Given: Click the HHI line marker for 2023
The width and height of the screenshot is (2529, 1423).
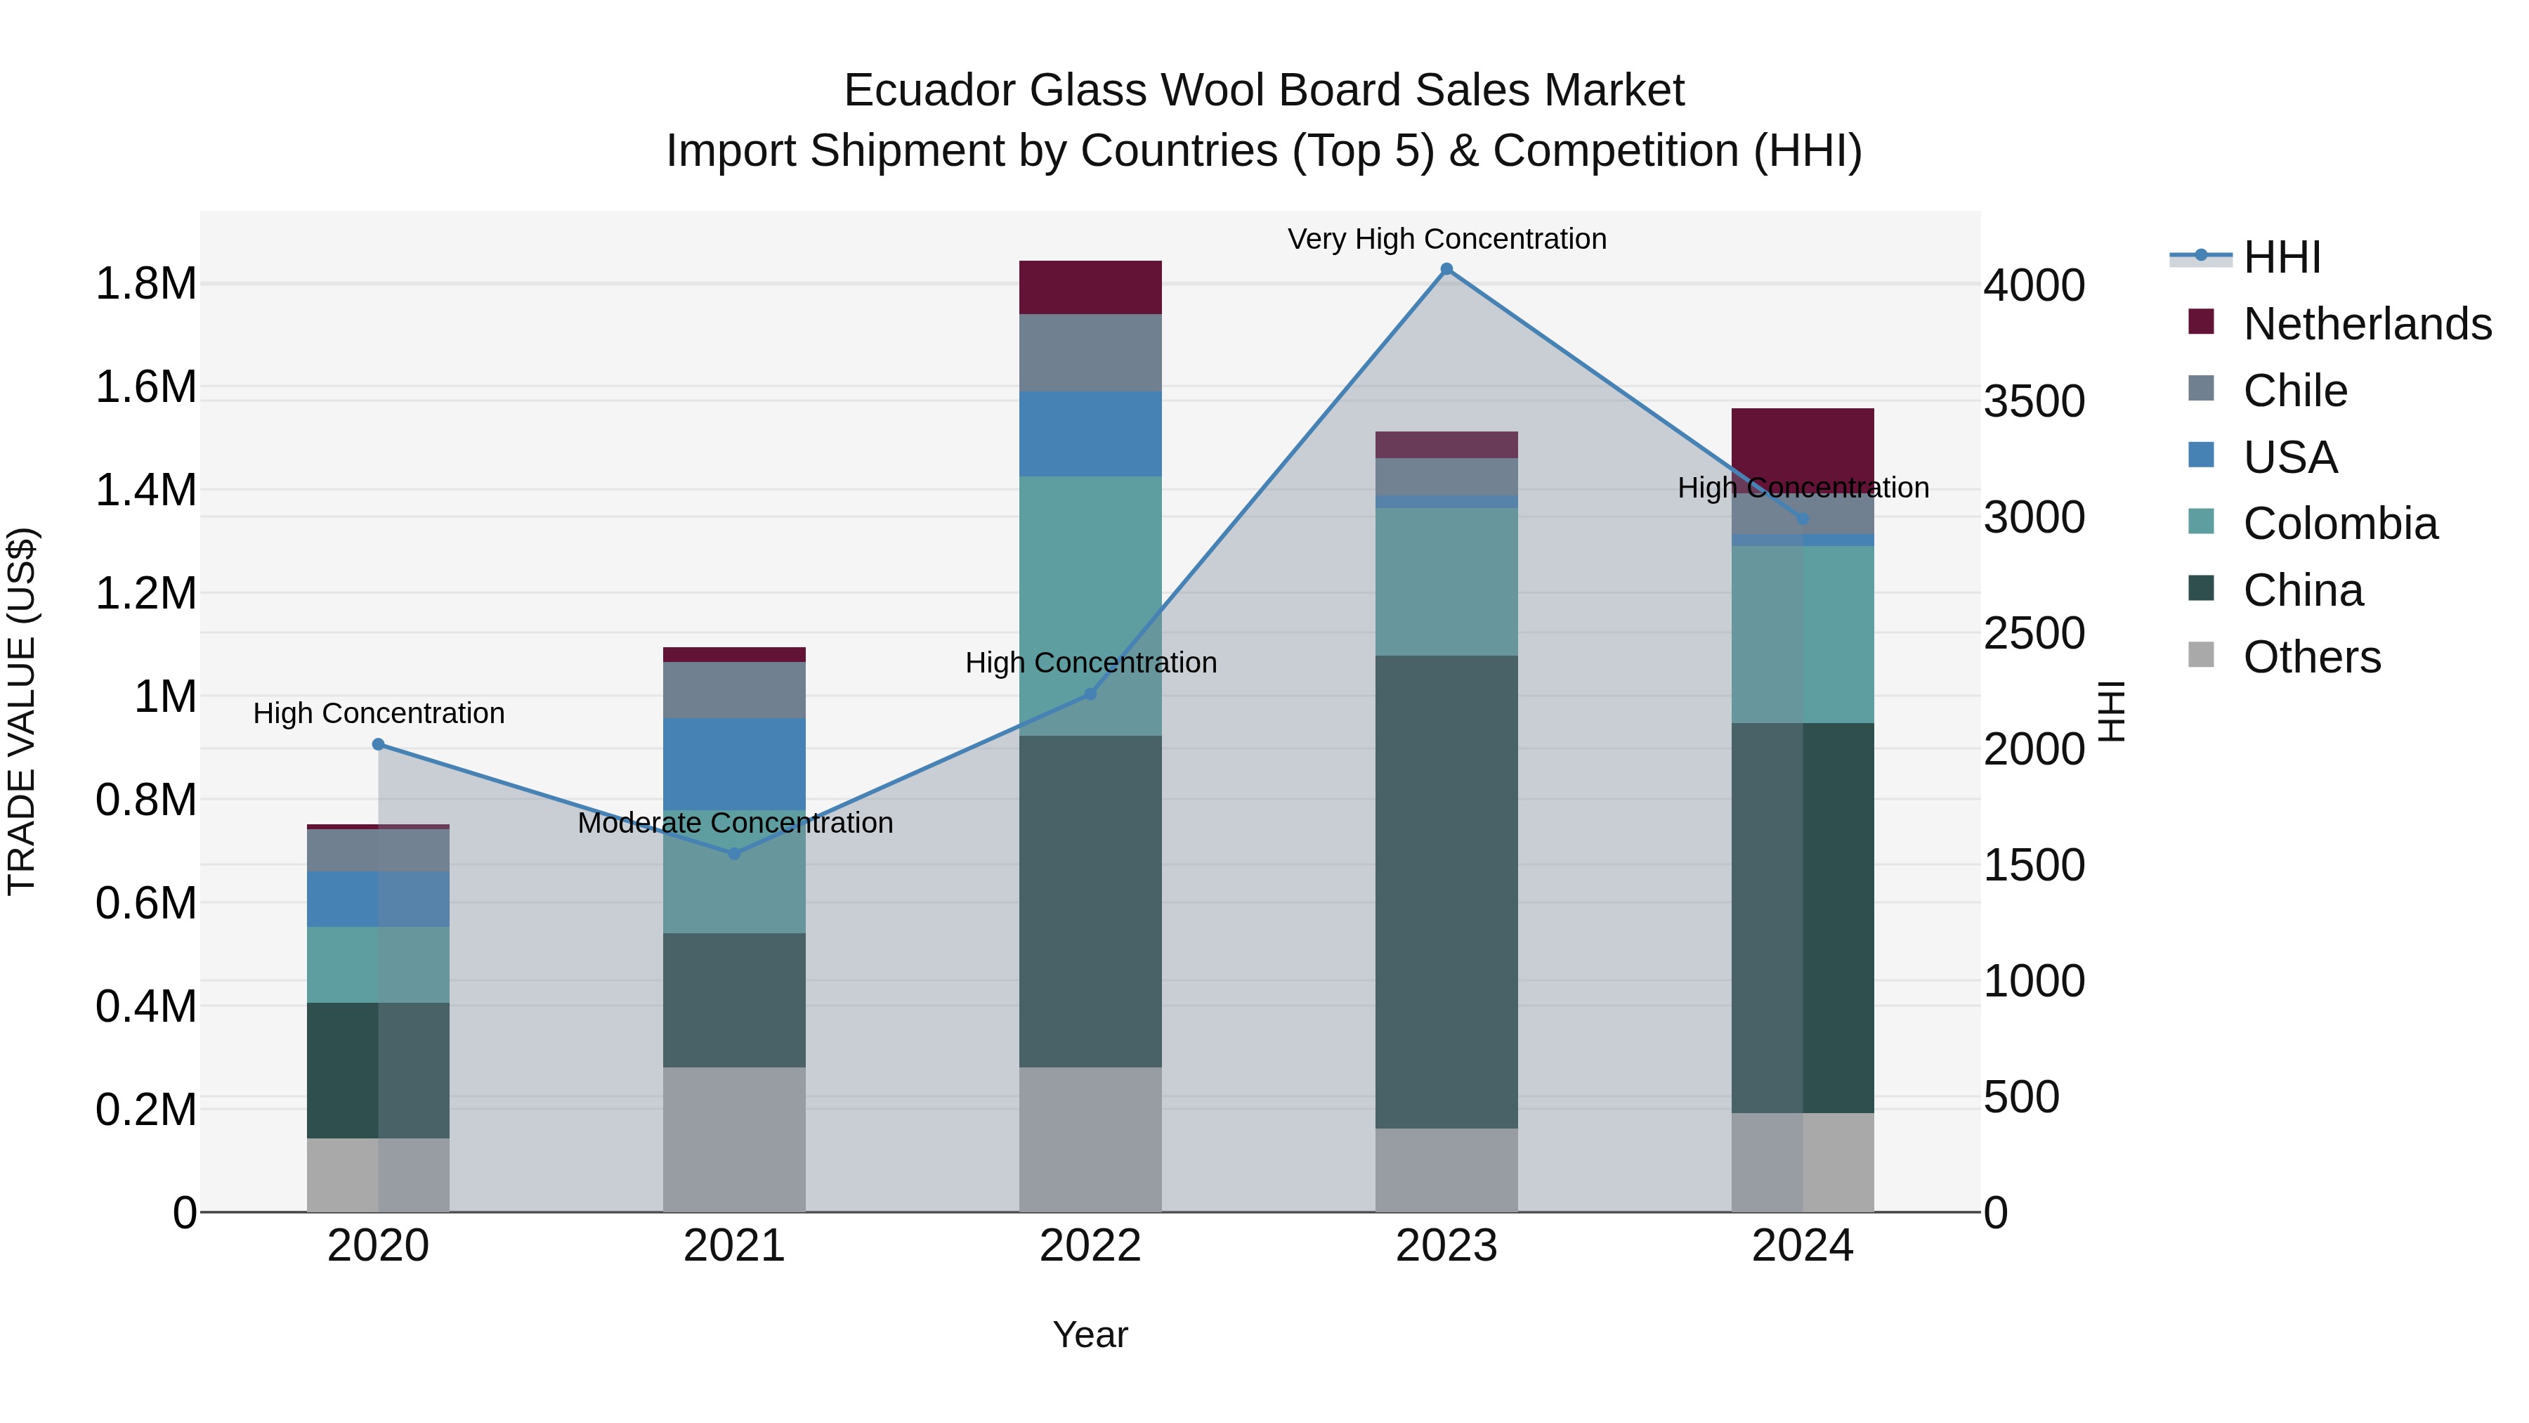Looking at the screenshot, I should coord(1446,269).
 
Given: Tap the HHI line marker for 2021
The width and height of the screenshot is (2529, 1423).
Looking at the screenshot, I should coord(734,853).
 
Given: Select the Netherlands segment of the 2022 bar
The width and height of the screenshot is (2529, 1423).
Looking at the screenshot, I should coord(1090,287).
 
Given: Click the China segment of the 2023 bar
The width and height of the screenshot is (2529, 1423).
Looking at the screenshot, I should coord(1446,891).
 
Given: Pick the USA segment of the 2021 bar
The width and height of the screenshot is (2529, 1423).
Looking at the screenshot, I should coord(734,763).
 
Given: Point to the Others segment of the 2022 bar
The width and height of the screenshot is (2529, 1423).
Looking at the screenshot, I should coord(1090,1139).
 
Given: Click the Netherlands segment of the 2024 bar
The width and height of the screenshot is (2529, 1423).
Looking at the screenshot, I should coord(1803,442).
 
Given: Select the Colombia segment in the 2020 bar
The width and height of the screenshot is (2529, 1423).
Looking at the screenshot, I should coord(378,964).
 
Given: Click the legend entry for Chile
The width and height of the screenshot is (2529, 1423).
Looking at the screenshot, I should coord(2294,391).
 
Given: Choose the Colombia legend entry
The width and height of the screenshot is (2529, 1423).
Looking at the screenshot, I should coord(2339,524).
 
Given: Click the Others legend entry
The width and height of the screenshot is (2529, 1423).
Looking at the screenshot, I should coord(2311,657).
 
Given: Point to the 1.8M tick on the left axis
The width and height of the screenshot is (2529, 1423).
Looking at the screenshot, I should coord(146,285).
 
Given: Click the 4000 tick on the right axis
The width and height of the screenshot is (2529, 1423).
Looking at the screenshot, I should coord(2033,286).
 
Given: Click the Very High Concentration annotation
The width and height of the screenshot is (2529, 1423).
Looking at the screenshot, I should coord(1446,239).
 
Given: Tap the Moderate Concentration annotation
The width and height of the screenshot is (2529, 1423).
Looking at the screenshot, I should coord(734,823).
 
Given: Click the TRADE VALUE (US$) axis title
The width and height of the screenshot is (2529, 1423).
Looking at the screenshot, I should coord(22,711).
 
